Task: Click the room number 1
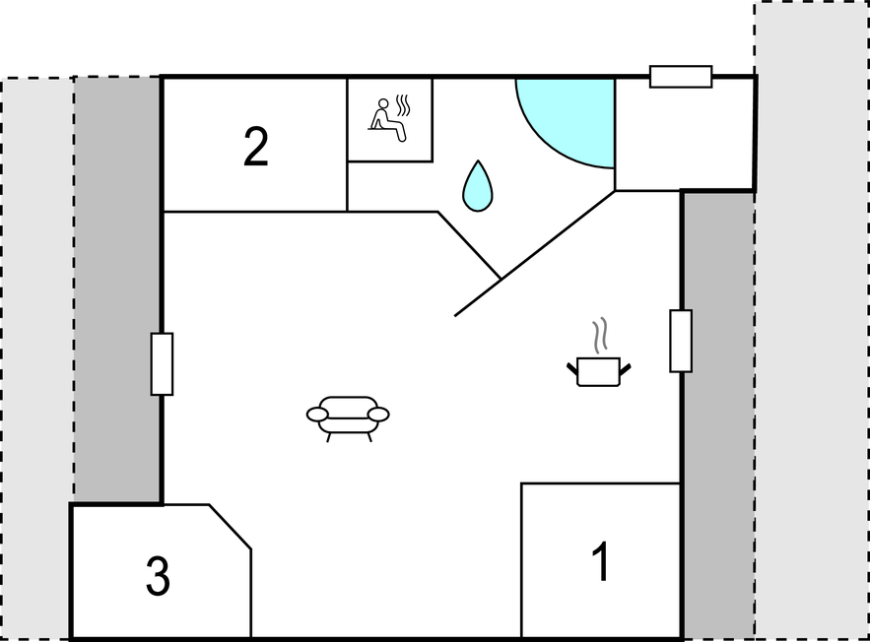tap(601, 561)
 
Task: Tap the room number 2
tap(256, 147)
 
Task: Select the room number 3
tap(158, 577)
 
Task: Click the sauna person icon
tap(386, 120)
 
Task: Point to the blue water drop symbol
tap(478, 186)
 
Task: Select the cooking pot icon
tap(599, 371)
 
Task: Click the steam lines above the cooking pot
tap(599, 336)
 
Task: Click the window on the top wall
tap(681, 77)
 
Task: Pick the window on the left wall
tap(162, 364)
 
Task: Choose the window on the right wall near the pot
tap(681, 341)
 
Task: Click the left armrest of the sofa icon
tap(317, 415)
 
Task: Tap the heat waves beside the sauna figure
tap(403, 106)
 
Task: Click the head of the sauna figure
tap(383, 103)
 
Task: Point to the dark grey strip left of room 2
tap(117, 289)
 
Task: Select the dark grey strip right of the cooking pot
tap(718, 416)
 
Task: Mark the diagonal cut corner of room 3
tap(231, 527)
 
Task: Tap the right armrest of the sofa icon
tap(379, 415)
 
